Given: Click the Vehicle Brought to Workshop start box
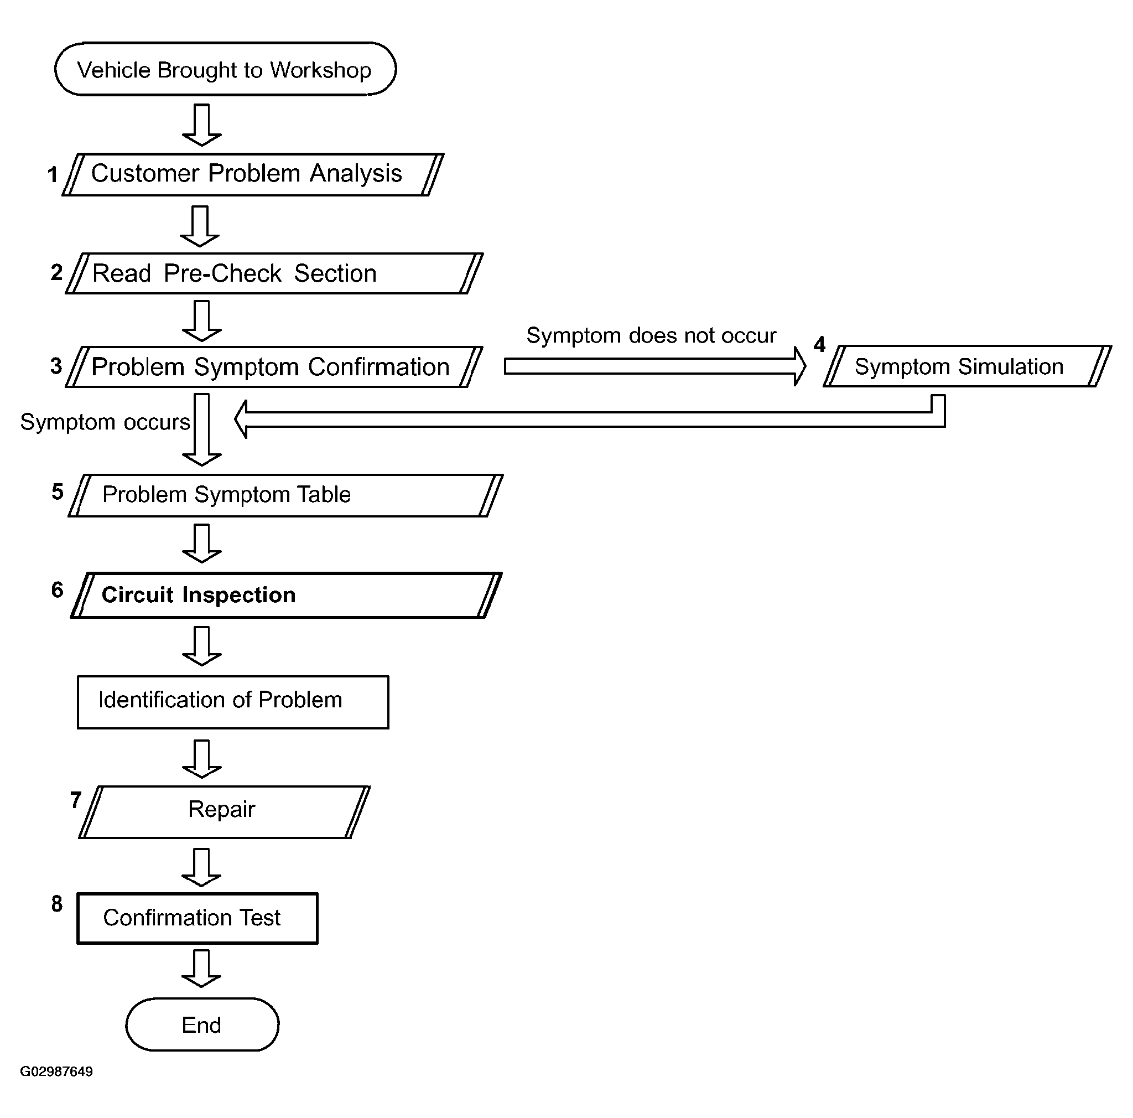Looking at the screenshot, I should click(x=225, y=69).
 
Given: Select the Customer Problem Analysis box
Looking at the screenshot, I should click(x=252, y=174).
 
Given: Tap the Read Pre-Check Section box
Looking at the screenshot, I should click(x=274, y=273).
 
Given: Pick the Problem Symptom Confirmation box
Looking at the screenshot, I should click(x=274, y=367).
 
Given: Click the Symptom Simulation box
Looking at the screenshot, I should click(x=966, y=366).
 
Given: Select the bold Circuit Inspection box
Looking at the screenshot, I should click(x=285, y=596).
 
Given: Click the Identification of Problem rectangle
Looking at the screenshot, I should click(x=233, y=702).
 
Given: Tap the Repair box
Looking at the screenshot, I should click(x=224, y=812).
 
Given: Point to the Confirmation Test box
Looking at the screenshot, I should click(x=197, y=918).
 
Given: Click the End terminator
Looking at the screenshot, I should click(x=202, y=1024).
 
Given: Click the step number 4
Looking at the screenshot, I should click(x=819, y=344).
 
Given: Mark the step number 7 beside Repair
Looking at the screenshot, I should click(x=76, y=800).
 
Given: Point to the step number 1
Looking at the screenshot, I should click(x=53, y=174).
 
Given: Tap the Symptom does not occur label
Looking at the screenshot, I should click(x=651, y=335).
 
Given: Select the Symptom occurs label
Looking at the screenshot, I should click(x=105, y=422).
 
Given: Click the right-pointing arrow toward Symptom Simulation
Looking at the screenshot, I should click(x=654, y=366).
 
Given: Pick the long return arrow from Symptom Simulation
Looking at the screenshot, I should click(x=586, y=419).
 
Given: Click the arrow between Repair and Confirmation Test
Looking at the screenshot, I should click(x=201, y=866).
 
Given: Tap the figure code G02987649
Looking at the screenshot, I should click(x=56, y=1072).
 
